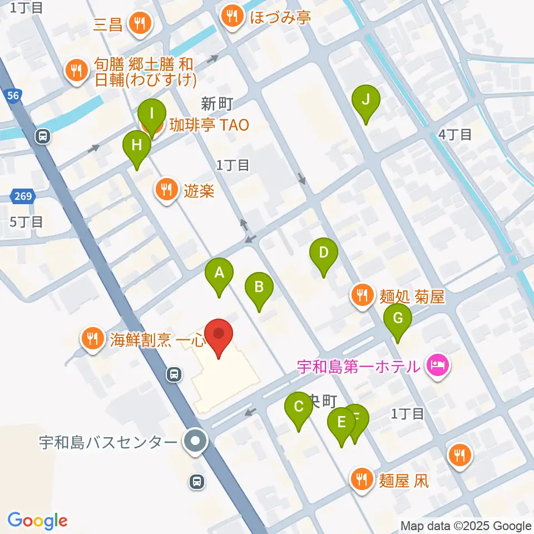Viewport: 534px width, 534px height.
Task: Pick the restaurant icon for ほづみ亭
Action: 231,17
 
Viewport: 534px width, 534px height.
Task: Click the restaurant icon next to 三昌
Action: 137,23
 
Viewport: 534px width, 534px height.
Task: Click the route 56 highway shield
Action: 14,96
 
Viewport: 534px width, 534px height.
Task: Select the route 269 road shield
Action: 22,196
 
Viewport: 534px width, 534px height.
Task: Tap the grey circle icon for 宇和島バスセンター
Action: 195,443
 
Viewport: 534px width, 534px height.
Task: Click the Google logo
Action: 37,521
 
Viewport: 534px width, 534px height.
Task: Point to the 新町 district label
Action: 216,103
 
